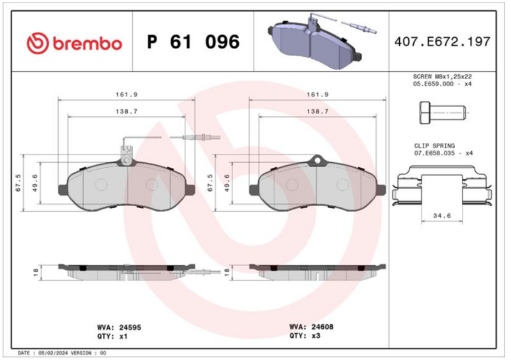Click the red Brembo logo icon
point(38,43)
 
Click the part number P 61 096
point(194,41)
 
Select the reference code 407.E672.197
point(442,41)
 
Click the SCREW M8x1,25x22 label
point(442,77)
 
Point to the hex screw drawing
point(443,113)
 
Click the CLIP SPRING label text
point(434,146)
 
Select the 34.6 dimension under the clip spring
point(442,216)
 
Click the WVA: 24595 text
point(119,327)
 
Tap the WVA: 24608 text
point(311,327)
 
